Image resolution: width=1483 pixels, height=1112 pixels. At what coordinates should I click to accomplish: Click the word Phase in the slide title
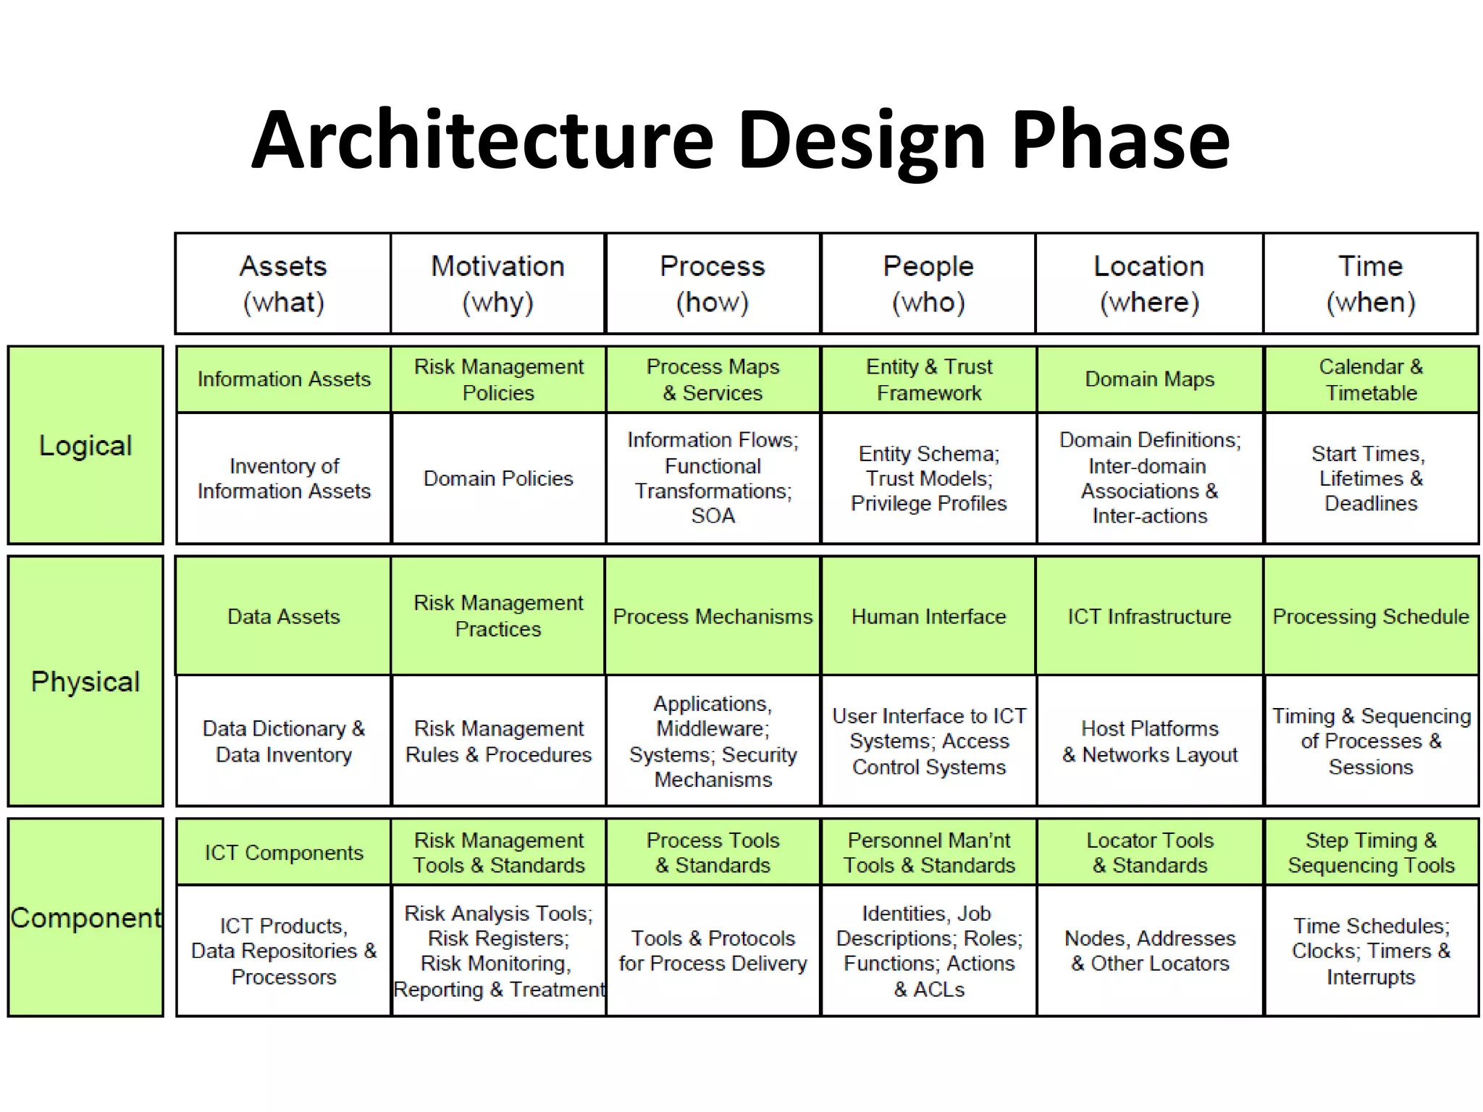1119,139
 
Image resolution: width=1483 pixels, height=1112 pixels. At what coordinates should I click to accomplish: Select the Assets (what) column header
283,284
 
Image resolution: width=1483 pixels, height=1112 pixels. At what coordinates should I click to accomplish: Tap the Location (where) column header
1149,284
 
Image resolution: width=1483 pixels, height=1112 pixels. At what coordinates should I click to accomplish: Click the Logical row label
85,445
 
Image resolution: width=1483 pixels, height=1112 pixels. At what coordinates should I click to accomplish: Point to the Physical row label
85,681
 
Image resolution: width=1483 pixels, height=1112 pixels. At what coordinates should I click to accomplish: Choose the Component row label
85,917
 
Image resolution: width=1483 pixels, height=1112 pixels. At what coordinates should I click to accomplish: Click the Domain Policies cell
498,479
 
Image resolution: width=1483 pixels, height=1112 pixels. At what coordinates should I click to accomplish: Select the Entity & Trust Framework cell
929,379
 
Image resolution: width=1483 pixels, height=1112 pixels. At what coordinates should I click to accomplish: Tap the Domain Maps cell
1149,379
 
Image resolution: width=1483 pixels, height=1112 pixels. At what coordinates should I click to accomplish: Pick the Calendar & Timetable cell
1371,379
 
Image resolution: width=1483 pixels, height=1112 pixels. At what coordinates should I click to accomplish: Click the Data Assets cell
283,616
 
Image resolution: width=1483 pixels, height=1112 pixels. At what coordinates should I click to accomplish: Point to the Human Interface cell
929,616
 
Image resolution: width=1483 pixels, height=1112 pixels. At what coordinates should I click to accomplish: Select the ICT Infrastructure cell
1149,616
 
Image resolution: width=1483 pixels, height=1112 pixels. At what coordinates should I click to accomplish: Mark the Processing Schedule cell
1371,616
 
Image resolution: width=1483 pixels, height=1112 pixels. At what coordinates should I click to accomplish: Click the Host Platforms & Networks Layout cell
1149,741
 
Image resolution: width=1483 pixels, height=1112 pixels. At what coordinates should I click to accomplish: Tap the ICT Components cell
283,852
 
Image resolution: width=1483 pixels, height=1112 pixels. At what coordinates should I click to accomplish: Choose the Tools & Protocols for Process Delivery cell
713,951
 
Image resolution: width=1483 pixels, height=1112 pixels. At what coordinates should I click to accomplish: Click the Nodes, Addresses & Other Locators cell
1149,951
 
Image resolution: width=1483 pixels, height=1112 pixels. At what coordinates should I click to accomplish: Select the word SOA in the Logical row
713,516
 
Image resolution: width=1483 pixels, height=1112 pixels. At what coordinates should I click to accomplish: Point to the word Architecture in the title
482,139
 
